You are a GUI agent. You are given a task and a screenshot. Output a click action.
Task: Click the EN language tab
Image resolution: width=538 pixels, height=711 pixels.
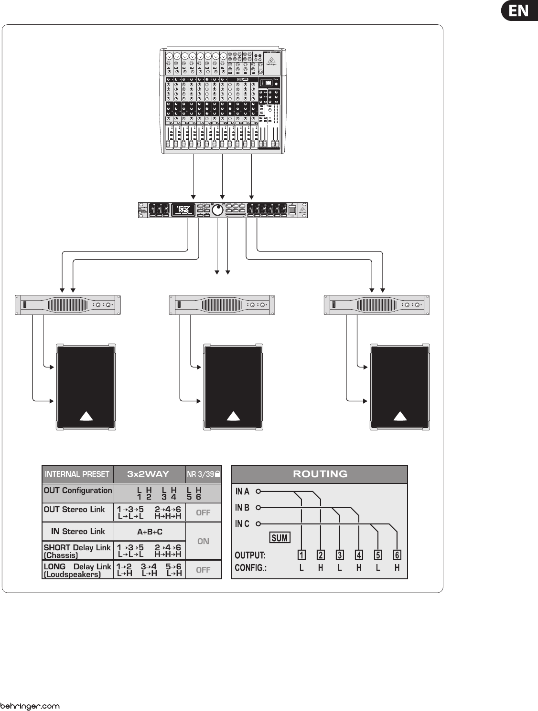pyautogui.click(x=519, y=10)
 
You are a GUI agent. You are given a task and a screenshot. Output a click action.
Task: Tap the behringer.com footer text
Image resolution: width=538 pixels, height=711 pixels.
pyautogui.click(x=30, y=706)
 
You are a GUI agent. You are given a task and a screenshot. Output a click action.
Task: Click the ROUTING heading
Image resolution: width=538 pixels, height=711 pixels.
pyautogui.click(x=320, y=474)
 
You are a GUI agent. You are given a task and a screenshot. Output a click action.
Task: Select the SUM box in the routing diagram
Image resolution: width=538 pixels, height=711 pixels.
pyautogui.click(x=280, y=538)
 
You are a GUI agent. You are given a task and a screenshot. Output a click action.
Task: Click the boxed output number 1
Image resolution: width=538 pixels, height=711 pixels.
pyautogui.click(x=301, y=555)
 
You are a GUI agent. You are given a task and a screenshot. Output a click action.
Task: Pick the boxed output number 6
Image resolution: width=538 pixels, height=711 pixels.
pyautogui.click(x=397, y=555)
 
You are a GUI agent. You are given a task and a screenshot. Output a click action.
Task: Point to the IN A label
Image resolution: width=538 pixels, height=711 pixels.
pyautogui.click(x=242, y=491)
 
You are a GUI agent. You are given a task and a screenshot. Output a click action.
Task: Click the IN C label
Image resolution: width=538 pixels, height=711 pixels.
pyautogui.click(x=242, y=524)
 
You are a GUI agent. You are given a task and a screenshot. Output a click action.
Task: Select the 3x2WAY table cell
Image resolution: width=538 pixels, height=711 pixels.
pyautogui.click(x=149, y=474)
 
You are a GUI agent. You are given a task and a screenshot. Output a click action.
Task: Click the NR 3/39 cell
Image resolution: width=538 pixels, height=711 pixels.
pyautogui.click(x=203, y=474)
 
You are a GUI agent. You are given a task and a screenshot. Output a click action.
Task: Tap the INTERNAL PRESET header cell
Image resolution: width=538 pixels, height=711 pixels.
pyautogui.click(x=77, y=474)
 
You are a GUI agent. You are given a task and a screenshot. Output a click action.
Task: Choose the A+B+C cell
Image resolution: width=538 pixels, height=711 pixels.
pyautogui.click(x=150, y=532)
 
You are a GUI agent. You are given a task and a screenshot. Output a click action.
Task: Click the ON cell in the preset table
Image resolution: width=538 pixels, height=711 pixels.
pyautogui.click(x=203, y=541)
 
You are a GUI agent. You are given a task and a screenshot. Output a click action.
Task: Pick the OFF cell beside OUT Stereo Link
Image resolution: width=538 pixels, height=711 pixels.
pyautogui.click(x=203, y=512)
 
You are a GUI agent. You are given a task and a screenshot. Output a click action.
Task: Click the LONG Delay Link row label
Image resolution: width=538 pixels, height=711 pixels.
pyautogui.click(x=77, y=570)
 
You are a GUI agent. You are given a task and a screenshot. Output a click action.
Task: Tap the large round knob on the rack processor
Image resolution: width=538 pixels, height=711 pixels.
pyautogui.click(x=218, y=210)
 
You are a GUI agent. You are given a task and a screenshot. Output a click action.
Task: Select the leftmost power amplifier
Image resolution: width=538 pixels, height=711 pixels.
pyautogui.click(x=68, y=305)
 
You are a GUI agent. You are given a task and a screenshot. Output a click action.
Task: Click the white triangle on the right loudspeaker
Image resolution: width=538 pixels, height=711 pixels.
pyautogui.click(x=400, y=416)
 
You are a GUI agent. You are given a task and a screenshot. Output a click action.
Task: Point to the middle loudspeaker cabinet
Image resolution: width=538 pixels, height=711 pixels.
pyautogui.click(x=233, y=387)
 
